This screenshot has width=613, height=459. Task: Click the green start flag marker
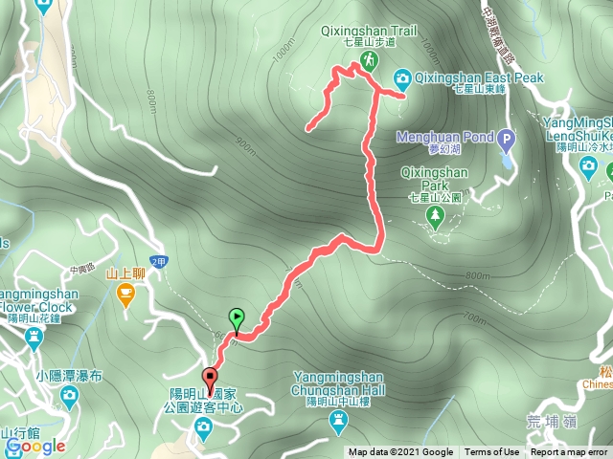coord(237,318)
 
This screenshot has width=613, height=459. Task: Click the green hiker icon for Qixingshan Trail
coord(369,63)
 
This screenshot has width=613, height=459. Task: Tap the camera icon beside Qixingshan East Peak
coord(404,77)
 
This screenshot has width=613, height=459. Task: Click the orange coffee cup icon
coord(125,298)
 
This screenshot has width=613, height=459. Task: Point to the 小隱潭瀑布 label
coord(71,376)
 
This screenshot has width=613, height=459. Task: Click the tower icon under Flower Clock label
coord(34,337)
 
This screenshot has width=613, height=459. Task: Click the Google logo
coord(35,446)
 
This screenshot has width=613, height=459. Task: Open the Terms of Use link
coord(492,452)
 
